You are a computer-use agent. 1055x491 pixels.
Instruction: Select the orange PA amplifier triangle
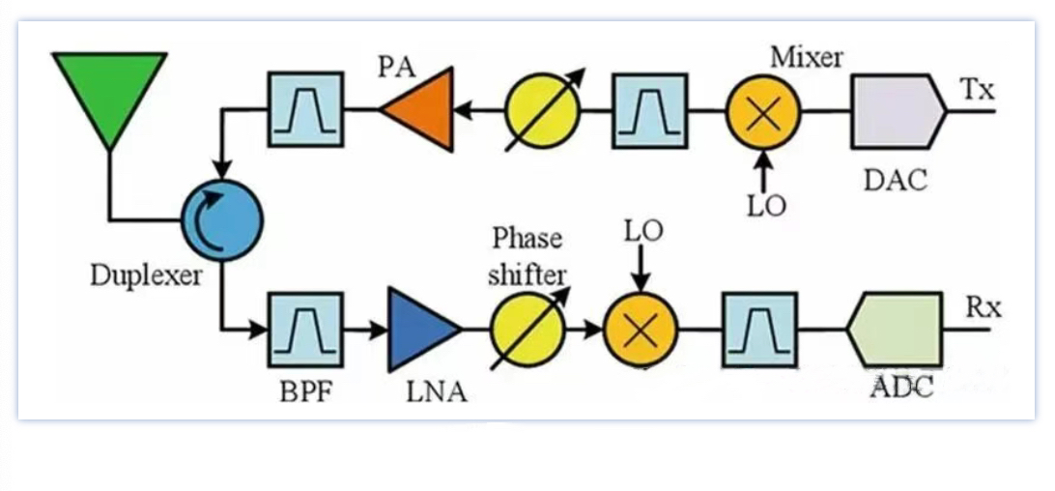click(423, 108)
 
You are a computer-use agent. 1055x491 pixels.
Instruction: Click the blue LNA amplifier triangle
click(419, 329)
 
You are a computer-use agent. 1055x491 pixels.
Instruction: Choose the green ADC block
click(895, 331)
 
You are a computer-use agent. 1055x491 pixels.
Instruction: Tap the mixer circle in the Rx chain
click(641, 331)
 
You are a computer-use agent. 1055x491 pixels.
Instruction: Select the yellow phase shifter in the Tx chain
click(543, 110)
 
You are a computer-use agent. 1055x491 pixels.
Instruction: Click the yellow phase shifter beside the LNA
click(527, 331)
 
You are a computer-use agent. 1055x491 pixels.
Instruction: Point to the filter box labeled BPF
click(305, 331)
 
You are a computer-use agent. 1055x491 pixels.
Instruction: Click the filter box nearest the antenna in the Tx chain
click(305, 109)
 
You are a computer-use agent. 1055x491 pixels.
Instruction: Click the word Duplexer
click(147, 275)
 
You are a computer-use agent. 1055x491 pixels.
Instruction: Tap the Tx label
click(978, 90)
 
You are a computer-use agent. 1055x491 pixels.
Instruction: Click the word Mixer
click(807, 57)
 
